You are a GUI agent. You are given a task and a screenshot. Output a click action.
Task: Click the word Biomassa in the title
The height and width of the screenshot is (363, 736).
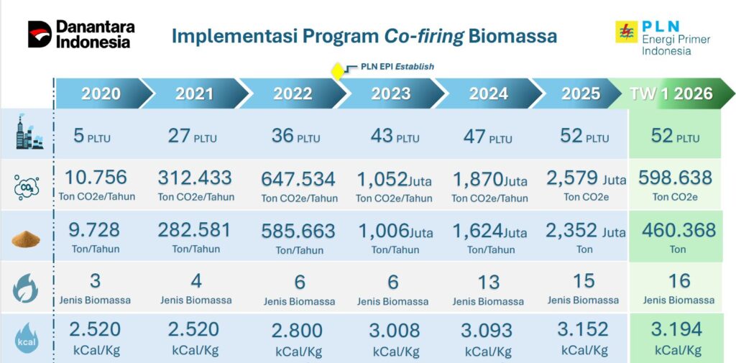click(512, 36)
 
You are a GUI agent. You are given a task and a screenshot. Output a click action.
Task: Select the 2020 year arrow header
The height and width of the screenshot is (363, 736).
click(101, 93)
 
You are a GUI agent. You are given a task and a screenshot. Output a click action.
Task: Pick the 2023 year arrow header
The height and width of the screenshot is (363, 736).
click(390, 93)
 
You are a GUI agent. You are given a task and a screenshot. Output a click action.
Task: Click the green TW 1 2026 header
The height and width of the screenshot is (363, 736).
click(671, 93)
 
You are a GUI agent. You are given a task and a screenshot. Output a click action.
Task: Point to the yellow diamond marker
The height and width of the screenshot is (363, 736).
click(337, 71)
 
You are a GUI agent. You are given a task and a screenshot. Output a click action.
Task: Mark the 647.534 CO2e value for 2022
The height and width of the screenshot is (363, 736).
click(298, 179)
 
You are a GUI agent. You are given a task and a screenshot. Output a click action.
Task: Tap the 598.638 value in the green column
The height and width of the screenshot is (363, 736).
click(675, 178)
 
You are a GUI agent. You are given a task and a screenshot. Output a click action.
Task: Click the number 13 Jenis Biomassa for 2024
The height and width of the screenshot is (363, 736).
click(488, 282)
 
